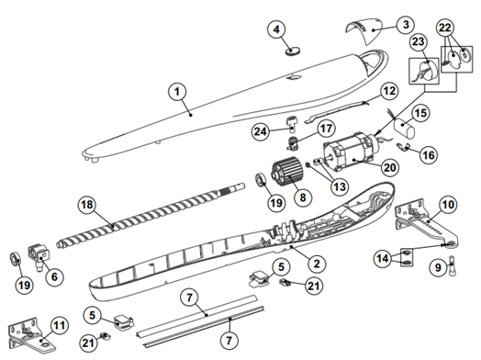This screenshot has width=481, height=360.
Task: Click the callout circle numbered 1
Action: pyautogui.click(x=177, y=92)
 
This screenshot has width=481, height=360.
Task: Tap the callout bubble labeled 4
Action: pyautogui.click(x=277, y=29)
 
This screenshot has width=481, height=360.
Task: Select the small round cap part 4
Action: pyautogui.click(x=293, y=51)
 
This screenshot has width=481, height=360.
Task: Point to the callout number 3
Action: pyautogui.click(x=406, y=24)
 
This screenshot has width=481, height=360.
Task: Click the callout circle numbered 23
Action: pyautogui.click(x=419, y=41)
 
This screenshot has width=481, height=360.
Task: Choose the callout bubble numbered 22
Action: pyautogui.click(x=445, y=28)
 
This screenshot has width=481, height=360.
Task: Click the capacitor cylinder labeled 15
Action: pyautogui.click(x=404, y=127)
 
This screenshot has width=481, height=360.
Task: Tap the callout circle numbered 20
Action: pyautogui.click(x=390, y=167)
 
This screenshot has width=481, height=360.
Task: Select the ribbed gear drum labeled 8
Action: pyautogui.click(x=286, y=171)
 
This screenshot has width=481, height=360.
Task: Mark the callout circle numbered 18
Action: pyautogui.click(x=87, y=205)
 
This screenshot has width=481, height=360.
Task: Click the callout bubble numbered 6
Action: pyautogui.click(x=54, y=276)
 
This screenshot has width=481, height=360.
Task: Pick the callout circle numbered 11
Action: pyautogui.click(x=59, y=326)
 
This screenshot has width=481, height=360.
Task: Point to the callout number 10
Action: pyautogui.click(x=448, y=205)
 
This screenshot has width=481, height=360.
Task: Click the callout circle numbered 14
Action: pyautogui.click(x=383, y=258)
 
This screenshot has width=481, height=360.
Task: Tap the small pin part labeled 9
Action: pyautogui.click(x=453, y=265)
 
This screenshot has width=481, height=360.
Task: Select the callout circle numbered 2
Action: pyautogui.click(x=317, y=264)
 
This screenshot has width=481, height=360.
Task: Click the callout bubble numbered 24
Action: pyautogui.click(x=261, y=131)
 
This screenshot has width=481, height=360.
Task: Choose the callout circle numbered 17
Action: pyautogui.click(x=326, y=128)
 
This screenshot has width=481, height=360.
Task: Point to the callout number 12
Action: pyautogui.click(x=389, y=91)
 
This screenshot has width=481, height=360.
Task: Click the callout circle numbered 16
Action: pyautogui.click(x=429, y=155)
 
